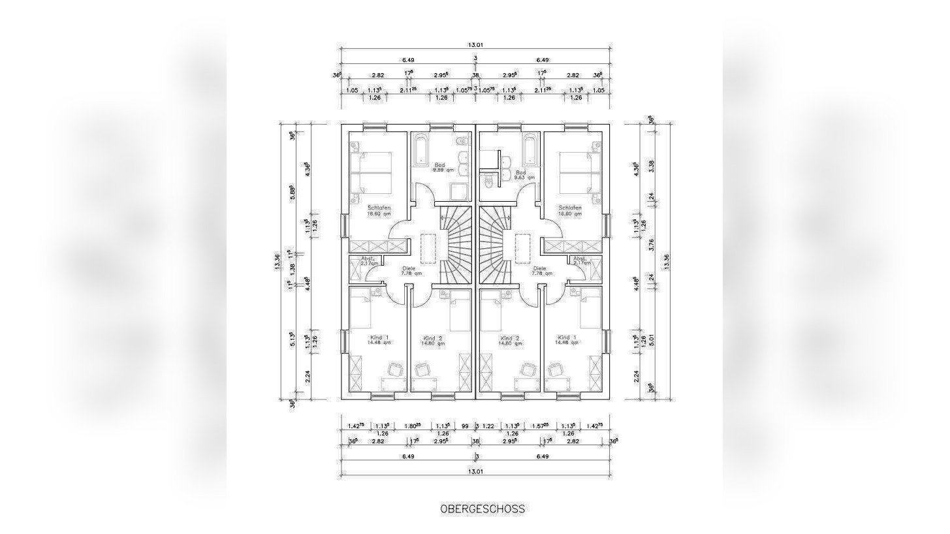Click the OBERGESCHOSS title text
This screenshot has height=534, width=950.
click(x=482, y=509)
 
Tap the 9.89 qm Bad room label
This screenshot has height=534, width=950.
click(x=441, y=168)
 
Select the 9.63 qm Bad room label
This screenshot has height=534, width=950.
click(x=523, y=175)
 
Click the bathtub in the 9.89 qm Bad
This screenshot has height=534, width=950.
click(x=421, y=151)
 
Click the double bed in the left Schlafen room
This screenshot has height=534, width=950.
click(x=371, y=172)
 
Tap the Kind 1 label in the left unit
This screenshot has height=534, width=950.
click(x=379, y=340)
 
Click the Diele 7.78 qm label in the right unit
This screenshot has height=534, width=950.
click(x=540, y=271)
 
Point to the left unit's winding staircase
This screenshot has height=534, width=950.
click(x=454, y=245)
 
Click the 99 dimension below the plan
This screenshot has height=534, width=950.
click(x=465, y=426)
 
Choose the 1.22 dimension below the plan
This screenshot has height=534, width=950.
click(x=488, y=426)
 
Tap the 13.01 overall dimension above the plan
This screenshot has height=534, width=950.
click(x=475, y=45)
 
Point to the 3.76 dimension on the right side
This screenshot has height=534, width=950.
click(x=650, y=245)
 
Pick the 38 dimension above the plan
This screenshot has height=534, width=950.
click(x=475, y=75)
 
